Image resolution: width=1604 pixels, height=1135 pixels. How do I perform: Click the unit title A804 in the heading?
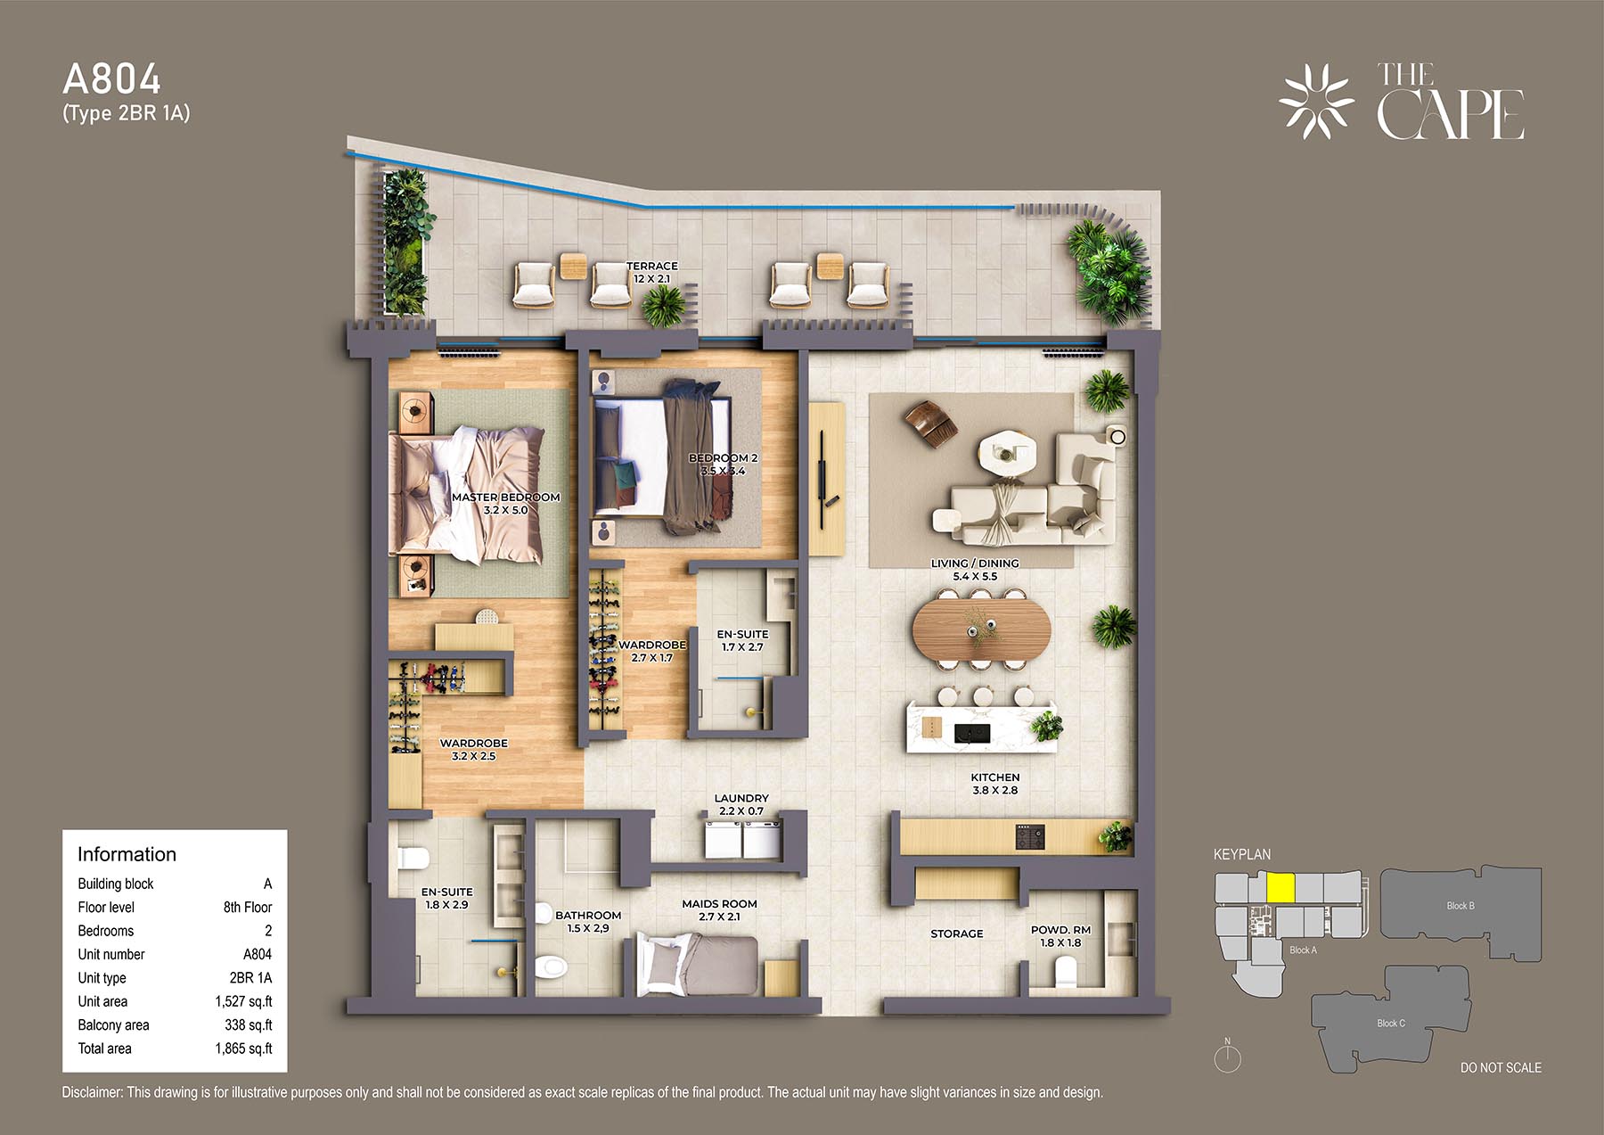(112, 79)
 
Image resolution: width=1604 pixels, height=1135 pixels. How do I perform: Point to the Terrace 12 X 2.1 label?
(651, 272)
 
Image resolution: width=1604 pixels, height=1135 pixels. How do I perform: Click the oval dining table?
(981, 628)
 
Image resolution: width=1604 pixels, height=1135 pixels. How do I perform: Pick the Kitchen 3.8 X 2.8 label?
(995, 784)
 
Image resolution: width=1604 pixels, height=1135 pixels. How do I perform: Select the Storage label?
(957, 933)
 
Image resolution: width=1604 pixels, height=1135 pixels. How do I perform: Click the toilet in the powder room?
(1065, 972)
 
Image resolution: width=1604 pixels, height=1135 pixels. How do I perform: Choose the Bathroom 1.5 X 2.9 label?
(588, 921)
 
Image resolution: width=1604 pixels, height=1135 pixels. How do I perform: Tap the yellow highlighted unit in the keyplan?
(1281, 888)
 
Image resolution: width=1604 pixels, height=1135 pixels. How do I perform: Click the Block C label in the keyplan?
(1390, 1023)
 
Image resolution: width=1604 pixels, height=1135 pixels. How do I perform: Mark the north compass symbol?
(1228, 1057)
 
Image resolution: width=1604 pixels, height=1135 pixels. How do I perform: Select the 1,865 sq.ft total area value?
(243, 1049)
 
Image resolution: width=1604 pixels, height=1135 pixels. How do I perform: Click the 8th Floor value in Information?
(248, 907)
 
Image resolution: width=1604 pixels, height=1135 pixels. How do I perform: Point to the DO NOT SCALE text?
(1501, 1067)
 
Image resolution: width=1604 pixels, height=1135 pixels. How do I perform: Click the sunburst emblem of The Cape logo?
(1316, 102)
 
